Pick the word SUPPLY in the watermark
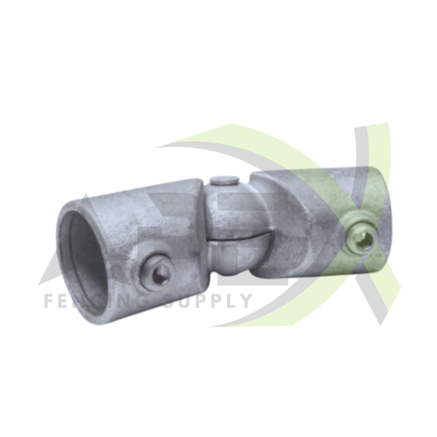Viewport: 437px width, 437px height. point(208,301)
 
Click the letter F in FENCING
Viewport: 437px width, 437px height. point(48,301)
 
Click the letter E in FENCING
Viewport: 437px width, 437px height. point(63,301)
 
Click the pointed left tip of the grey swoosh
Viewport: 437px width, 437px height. point(158,147)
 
